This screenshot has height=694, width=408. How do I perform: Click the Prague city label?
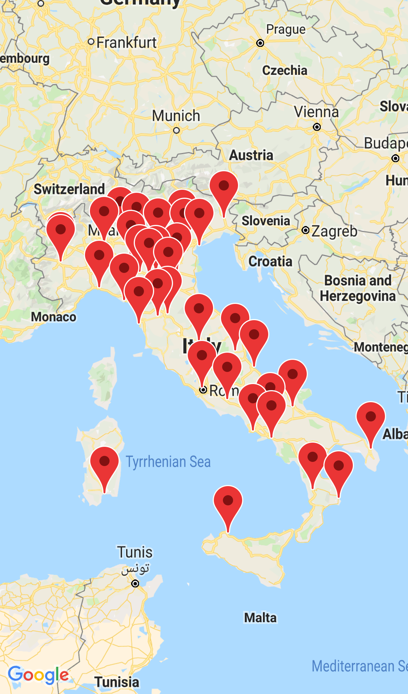[x=286, y=29]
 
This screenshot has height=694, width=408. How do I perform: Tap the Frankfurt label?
[x=126, y=42]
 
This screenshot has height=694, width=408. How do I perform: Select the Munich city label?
[x=176, y=116]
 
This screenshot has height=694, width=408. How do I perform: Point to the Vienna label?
[x=316, y=112]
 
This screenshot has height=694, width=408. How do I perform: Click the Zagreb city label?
[x=334, y=231]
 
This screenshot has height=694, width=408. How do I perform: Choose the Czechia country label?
[x=284, y=70]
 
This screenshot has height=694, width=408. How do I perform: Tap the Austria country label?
[x=251, y=155]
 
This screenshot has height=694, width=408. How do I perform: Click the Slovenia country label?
[x=266, y=221]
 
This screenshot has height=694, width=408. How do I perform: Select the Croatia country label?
[x=270, y=261]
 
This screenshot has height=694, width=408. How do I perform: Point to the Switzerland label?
[x=69, y=189]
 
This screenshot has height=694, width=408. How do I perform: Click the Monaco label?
[x=54, y=317]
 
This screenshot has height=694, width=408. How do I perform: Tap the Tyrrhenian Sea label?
[x=168, y=462]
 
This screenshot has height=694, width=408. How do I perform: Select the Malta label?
[x=260, y=618]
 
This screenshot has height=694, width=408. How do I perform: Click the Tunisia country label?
[x=117, y=682]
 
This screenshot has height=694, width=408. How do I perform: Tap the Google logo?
[x=38, y=675]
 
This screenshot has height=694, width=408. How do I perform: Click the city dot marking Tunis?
[x=135, y=584]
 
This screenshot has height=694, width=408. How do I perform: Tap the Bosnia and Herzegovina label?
[x=357, y=288]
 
